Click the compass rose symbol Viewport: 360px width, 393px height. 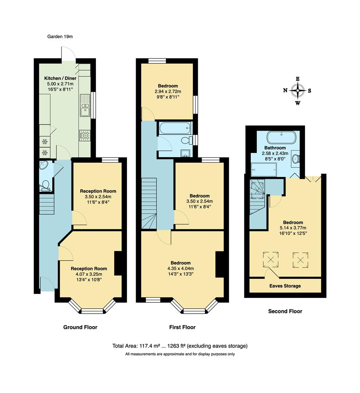click(x=297, y=91)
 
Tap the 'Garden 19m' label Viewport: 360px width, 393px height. click(x=60, y=36)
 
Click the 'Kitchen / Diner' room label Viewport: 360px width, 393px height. click(x=60, y=78)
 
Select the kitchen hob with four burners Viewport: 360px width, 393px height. click(x=85, y=135)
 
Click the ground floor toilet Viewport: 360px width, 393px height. click(x=45, y=185)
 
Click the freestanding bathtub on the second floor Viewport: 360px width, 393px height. click(x=281, y=138)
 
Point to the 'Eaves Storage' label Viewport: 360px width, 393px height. click(x=285, y=286)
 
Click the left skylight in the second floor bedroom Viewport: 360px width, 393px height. click(x=271, y=259)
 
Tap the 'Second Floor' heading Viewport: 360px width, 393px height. click(x=285, y=311)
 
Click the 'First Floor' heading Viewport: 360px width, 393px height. click(x=182, y=327)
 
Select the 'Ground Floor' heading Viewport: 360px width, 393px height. click(x=80, y=327)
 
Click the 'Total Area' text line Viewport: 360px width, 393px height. click(x=180, y=346)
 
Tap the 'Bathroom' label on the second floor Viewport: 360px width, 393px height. click(x=275, y=148)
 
